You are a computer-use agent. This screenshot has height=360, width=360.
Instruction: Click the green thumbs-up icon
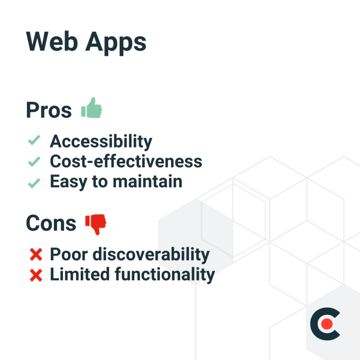click(x=92, y=108)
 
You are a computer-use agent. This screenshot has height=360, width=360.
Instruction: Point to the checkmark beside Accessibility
click(x=34, y=141)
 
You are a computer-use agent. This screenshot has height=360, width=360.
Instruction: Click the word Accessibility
click(x=101, y=142)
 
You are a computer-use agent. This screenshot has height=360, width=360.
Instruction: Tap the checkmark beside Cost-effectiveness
click(x=34, y=161)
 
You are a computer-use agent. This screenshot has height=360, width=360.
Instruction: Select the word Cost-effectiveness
click(x=126, y=161)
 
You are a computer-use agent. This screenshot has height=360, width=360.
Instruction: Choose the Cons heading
click(x=51, y=224)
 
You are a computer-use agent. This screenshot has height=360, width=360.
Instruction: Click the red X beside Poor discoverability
click(x=36, y=255)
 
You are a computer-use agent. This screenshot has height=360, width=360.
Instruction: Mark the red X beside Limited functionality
click(x=36, y=275)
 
